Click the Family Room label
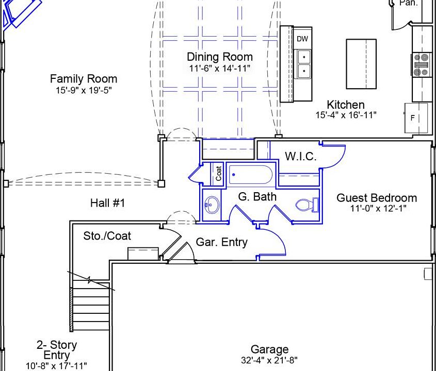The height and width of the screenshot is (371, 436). click(x=84, y=79)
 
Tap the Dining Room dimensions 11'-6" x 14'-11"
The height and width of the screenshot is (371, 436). click(x=220, y=68)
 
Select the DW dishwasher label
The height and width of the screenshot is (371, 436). click(x=302, y=39)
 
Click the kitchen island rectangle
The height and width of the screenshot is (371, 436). click(x=361, y=64)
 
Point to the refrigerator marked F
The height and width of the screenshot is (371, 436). click(x=416, y=118)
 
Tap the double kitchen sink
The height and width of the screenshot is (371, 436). click(x=304, y=64)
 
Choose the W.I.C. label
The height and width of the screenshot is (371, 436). click(x=301, y=156)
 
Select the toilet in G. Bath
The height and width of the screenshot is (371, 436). click(x=307, y=205)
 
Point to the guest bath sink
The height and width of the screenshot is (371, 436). click(x=212, y=205)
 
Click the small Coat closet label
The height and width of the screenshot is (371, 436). click(x=219, y=173)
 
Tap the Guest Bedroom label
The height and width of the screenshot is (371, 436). click(x=377, y=198)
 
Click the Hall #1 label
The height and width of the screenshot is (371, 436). click(x=108, y=203)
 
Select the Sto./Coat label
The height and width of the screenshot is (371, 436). click(x=107, y=236)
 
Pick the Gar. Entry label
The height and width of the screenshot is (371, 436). click(x=222, y=242)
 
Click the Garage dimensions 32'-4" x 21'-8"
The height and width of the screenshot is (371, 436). click(x=269, y=361)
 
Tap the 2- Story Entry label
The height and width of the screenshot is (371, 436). click(x=57, y=350)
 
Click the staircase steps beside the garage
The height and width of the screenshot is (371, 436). click(x=91, y=306)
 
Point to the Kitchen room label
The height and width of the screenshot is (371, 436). click(x=346, y=105)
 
